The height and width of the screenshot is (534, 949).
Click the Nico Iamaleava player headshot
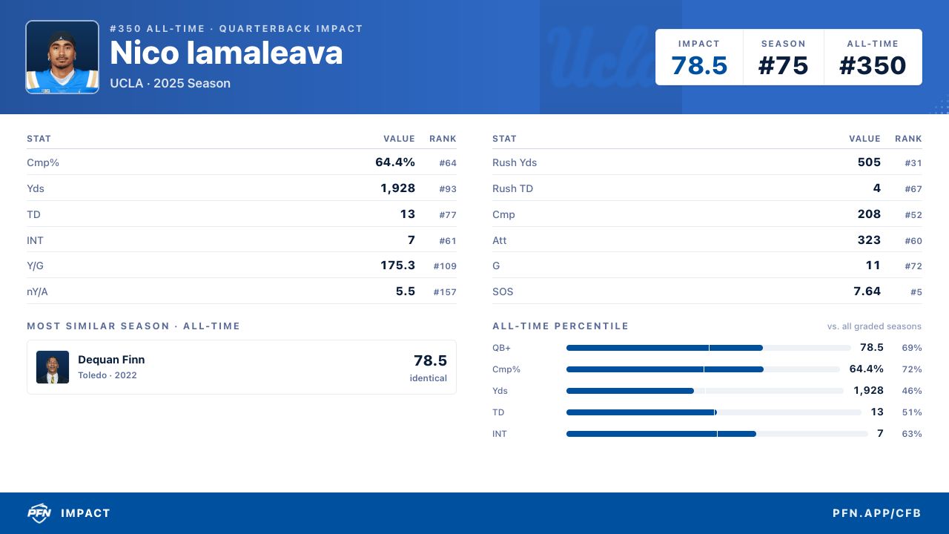[62, 57]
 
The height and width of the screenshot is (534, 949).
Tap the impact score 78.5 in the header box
[699, 66]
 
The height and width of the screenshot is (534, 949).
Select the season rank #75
[783, 66]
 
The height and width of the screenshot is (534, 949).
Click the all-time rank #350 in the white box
[873, 66]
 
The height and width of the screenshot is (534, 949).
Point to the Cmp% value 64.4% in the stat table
[395, 162]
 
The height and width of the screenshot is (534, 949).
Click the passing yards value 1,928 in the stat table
[397, 188]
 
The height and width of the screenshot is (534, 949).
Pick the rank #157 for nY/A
[445, 292]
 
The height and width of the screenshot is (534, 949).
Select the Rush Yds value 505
[869, 162]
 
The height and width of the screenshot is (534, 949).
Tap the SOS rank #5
[916, 292]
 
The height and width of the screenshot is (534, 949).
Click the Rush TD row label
[512, 188]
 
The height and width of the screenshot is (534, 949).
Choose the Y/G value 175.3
[397, 266]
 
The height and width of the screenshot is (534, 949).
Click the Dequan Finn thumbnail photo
[53, 367]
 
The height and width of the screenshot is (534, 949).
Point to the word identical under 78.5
[428, 378]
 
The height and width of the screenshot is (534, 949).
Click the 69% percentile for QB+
[912, 348]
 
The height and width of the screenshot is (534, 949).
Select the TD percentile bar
[713, 412]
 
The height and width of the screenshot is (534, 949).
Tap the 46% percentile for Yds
[912, 391]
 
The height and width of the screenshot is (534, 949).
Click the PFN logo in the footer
[39, 513]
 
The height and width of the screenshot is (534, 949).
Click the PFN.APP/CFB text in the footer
[876, 513]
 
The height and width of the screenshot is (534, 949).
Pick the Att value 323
[869, 240]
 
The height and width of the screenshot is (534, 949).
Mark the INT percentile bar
[717, 434]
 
